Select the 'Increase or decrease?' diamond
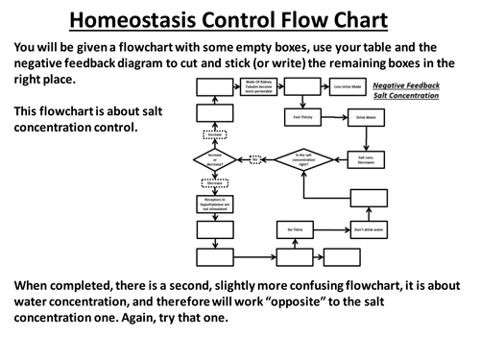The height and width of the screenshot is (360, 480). [214, 157]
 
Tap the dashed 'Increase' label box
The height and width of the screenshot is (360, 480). [214, 135]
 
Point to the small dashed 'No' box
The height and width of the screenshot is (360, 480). [255, 158]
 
